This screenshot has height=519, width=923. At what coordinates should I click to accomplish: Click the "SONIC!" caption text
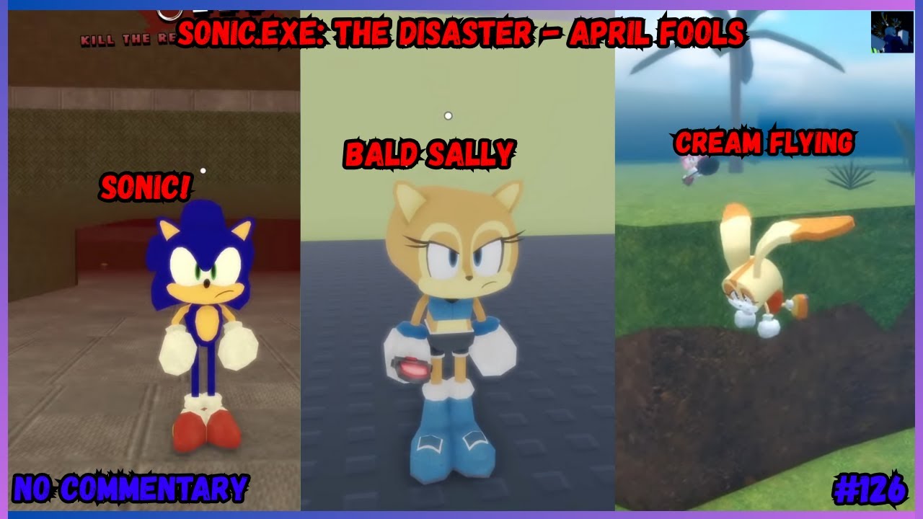[x=146, y=187]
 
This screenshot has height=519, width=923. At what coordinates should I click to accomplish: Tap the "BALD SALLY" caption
[x=429, y=154]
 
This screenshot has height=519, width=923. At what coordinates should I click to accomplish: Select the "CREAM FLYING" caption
[x=764, y=143]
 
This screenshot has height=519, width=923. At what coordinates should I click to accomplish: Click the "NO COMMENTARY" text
[x=131, y=488]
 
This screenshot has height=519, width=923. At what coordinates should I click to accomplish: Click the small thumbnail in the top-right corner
[x=891, y=32]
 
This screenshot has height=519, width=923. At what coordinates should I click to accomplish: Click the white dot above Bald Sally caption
[x=448, y=115]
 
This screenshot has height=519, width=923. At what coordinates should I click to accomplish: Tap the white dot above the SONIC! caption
[x=203, y=171]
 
